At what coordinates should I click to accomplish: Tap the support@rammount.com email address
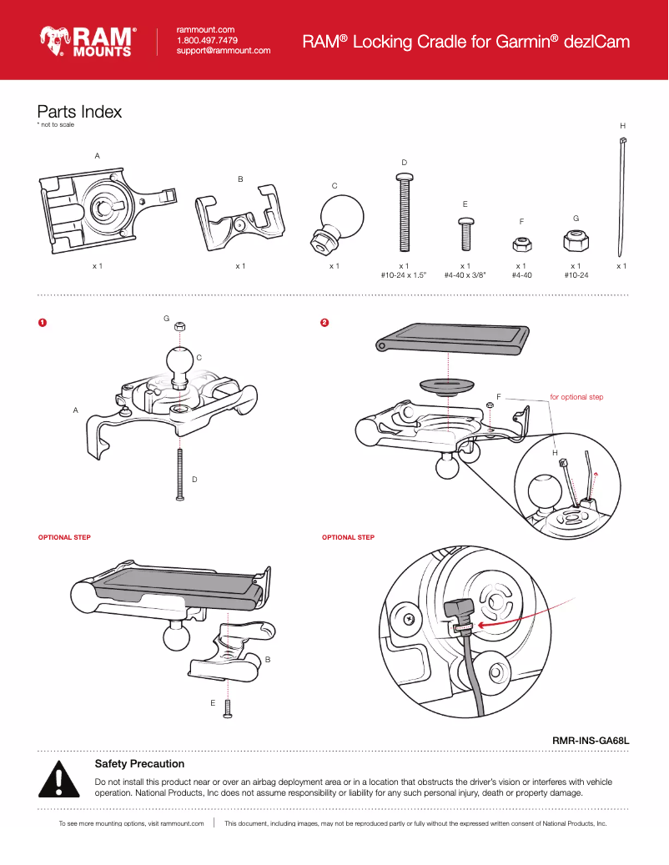click(x=223, y=51)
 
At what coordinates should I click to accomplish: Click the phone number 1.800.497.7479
click(x=207, y=40)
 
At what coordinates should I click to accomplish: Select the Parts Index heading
click(x=79, y=112)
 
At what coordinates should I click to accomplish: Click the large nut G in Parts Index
click(x=576, y=241)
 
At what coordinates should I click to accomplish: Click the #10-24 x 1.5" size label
click(x=403, y=274)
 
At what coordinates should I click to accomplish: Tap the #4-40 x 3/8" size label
click(x=465, y=274)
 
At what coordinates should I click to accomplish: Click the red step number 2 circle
click(x=325, y=323)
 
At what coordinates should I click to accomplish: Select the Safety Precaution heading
click(x=139, y=763)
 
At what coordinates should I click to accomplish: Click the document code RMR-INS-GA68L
click(x=590, y=740)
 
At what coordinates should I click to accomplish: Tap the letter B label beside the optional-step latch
click(x=267, y=660)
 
